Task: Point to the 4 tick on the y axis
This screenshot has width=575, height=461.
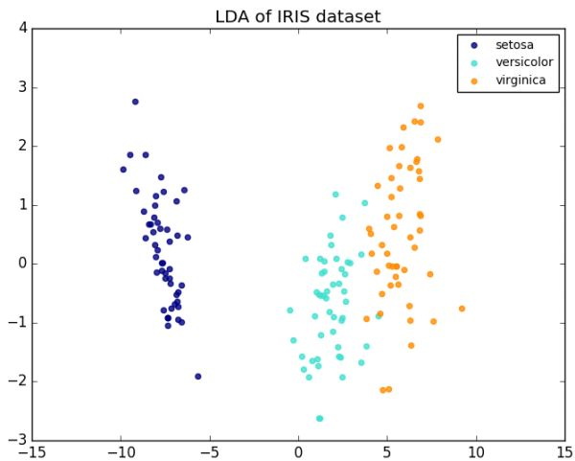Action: tap(21, 29)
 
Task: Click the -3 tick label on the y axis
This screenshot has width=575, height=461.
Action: tap(18, 440)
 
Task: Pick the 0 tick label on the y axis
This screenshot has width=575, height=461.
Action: tap(21, 264)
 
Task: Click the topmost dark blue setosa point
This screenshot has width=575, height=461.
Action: tap(135, 102)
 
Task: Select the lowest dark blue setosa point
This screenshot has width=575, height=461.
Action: tap(198, 377)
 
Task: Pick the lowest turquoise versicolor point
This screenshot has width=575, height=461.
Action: tap(319, 419)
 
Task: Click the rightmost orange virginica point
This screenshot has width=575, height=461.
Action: tap(462, 309)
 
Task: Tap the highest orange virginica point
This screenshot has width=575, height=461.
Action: tap(421, 106)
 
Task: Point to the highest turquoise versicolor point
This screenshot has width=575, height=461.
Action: tap(335, 195)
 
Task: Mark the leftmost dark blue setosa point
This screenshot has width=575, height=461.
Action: tap(123, 170)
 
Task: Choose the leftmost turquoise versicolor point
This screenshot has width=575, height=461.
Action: tap(289, 311)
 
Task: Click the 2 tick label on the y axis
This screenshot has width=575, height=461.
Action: tap(21, 147)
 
